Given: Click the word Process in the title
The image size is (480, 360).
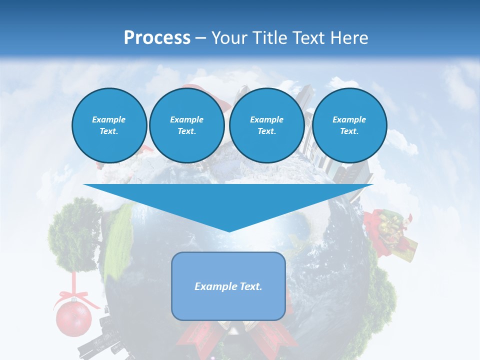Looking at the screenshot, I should coord(157,38).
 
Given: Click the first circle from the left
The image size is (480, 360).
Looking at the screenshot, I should coord(109,125).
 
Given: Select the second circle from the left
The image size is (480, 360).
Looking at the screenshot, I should coord(186,125).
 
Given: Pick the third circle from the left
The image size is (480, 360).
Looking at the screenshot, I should coord(266,125).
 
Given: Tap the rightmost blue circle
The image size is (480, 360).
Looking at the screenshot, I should coord(349,125).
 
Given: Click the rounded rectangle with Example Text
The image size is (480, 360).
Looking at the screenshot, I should coord(228,286).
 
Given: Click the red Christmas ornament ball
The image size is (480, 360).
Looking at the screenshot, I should coord(73,318).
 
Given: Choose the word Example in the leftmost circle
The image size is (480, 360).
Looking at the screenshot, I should coord(109,120).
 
